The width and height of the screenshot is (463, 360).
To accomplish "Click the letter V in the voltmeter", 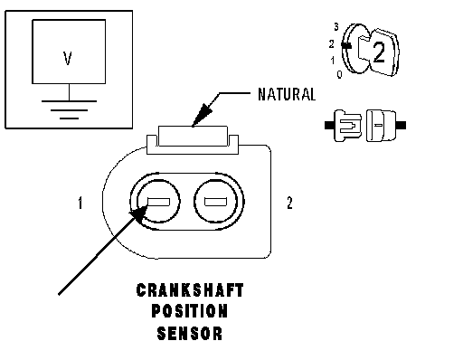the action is click(68, 59).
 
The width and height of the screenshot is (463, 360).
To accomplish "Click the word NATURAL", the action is click(287, 94).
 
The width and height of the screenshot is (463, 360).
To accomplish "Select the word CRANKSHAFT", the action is click(190, 290).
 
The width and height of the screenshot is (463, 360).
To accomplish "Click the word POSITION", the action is click(190, 311).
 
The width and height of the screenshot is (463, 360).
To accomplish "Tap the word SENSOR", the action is click(190, 334).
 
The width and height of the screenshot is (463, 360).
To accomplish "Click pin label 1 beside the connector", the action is click(80, 203).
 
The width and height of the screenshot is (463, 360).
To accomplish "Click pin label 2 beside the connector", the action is click(289, 203).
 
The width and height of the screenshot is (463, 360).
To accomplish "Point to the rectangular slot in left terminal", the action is click(158, 202).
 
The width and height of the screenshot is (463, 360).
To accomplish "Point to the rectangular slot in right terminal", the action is click(215, 202).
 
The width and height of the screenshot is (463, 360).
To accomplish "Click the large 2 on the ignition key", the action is click(379, 52).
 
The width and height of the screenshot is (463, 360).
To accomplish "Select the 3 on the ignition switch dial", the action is click(336, 27).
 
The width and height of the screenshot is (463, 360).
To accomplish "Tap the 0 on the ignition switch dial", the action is click(340, 74).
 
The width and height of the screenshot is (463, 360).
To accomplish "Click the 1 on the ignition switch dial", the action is click(333, 61).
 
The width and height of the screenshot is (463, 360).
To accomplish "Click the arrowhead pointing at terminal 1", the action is click(138, 213).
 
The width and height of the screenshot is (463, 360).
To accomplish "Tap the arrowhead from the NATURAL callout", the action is click(202, 115).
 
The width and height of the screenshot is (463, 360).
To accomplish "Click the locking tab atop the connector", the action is click(193, 137).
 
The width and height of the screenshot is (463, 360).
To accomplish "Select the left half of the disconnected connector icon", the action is click(344, 126).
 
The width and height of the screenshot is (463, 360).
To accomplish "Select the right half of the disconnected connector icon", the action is click(386, 126).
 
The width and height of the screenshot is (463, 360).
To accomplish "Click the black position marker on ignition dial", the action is click(346, 45).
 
